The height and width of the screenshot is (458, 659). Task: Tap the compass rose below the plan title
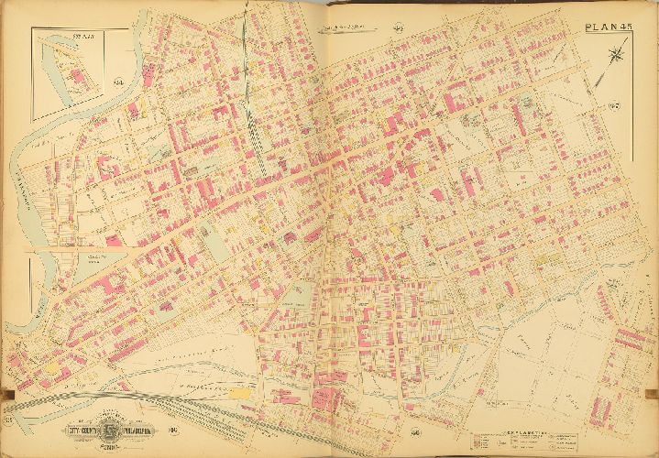[612, 58]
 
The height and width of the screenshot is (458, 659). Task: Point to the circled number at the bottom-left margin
[12, 420]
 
